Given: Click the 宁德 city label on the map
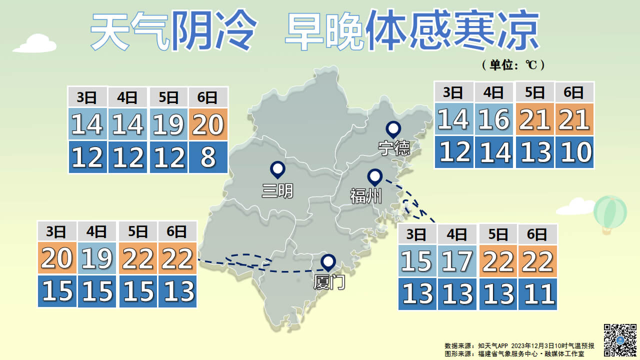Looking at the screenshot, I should tap(394, 148).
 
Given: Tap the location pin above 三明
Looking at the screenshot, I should tap(277, 169).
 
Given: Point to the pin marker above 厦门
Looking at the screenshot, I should tap(328, 262).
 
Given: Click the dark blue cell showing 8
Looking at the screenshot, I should tap(208, 157).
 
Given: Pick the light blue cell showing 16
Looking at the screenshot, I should tap(494, 119).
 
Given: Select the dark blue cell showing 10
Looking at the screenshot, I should tap(574, 152).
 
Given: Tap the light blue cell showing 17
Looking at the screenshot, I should tap(457, 261).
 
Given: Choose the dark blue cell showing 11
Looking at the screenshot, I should tap(537, 293).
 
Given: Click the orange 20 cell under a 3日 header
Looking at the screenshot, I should tap(57, 258).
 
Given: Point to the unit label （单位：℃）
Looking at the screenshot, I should tap(512, 64).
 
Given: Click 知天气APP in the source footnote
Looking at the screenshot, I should tap(493, 346).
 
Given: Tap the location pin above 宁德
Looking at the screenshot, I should tap(393, 129).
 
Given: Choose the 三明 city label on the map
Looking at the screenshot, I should tap(277, 191).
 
